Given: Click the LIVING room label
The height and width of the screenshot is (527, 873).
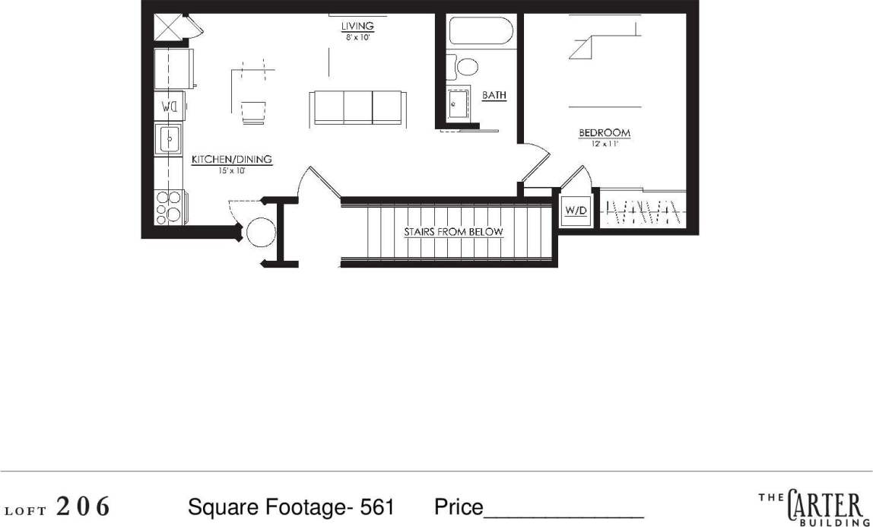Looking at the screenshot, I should pyautogui.click(x=357, y=27).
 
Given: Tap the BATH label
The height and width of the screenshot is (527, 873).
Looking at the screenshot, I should pyautogui.click(x=494, y=96).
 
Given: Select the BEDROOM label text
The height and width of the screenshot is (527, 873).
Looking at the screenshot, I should pyautogui.click(x=605, y=133).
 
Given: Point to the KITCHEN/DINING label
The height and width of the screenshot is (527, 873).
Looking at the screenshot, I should pyautogui.click(x=231, y=160).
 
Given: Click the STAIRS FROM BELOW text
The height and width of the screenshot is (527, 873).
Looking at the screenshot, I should pyautogui.click(x=453, y=232).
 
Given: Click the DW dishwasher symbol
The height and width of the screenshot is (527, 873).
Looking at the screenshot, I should pyautogui.click(x=170, y=106).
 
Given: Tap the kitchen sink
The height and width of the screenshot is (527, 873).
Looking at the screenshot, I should pyautogui.click(x=169, y=139).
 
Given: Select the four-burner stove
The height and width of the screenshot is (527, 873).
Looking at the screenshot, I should pyautogui.click(x=170, y=206).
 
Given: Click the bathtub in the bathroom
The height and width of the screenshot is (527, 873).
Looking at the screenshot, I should pyautogui.click(x=481, y=31).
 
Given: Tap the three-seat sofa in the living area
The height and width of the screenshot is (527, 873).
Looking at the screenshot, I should pyautogui.click(x=356, y=107).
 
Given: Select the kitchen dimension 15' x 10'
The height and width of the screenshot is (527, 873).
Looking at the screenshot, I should pyautogui.click(x=231, y=171).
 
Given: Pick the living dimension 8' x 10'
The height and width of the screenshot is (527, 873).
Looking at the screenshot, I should pyautogui.click(x=357, y=37).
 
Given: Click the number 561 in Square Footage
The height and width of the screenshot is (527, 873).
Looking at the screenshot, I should pyautogui.click(x=377, y=507).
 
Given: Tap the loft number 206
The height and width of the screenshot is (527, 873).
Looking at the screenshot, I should pyautogui.click(x=84, y=506).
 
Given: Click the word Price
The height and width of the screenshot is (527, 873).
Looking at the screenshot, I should pyautogui.click(x=459, y=507).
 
